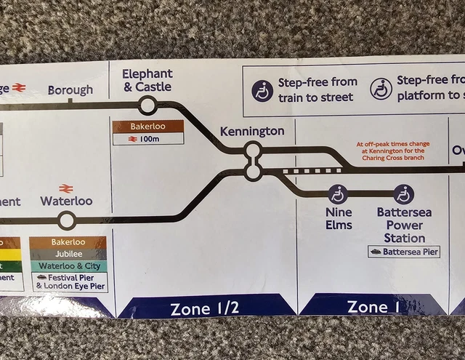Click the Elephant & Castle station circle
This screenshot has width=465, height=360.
coord(147,106)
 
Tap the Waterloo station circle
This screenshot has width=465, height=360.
coord(67,220)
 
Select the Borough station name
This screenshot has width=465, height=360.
coord(70,90)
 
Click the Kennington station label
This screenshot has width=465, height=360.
coord(252,132)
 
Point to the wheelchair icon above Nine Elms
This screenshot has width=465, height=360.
coord(338,194)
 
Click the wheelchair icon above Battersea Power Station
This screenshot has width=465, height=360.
coord(404,194)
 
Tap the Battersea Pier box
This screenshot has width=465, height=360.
coord(405,252)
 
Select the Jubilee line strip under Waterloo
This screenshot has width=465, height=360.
coord(68,254)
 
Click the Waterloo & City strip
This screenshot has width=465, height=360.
coord(68,265)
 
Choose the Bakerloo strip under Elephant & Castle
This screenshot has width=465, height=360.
coord(148,127)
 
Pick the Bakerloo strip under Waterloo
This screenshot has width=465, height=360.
coord(68,241)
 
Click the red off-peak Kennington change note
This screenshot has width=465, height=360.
coord(393,151)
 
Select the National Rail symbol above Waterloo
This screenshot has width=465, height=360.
coord(66,188)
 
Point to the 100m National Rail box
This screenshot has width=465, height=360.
coord(148,138)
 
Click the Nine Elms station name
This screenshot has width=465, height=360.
coord(339,219)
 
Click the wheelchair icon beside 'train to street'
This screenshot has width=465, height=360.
coord(263,90)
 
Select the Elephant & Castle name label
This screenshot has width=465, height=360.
coord(147,80)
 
